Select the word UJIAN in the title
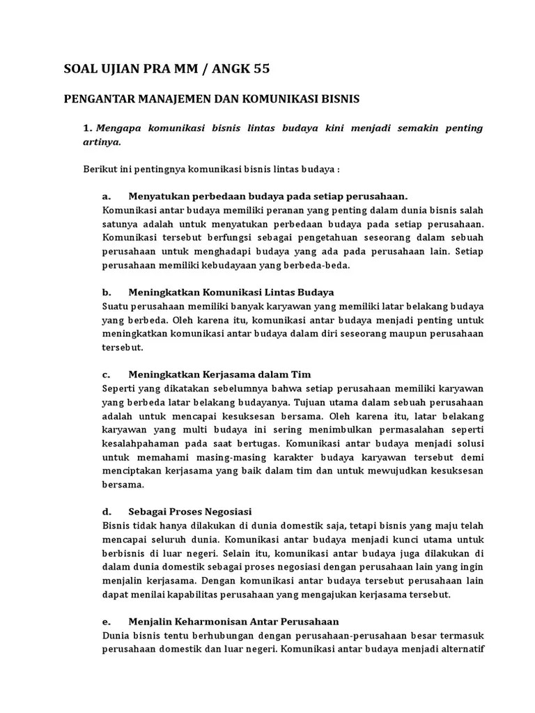click(x=121, y=69)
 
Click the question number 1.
click(x=86, y=129)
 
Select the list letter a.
click(x=106, y=196)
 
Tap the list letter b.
click(x=106, y=292)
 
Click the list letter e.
click(x=106, y=622)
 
